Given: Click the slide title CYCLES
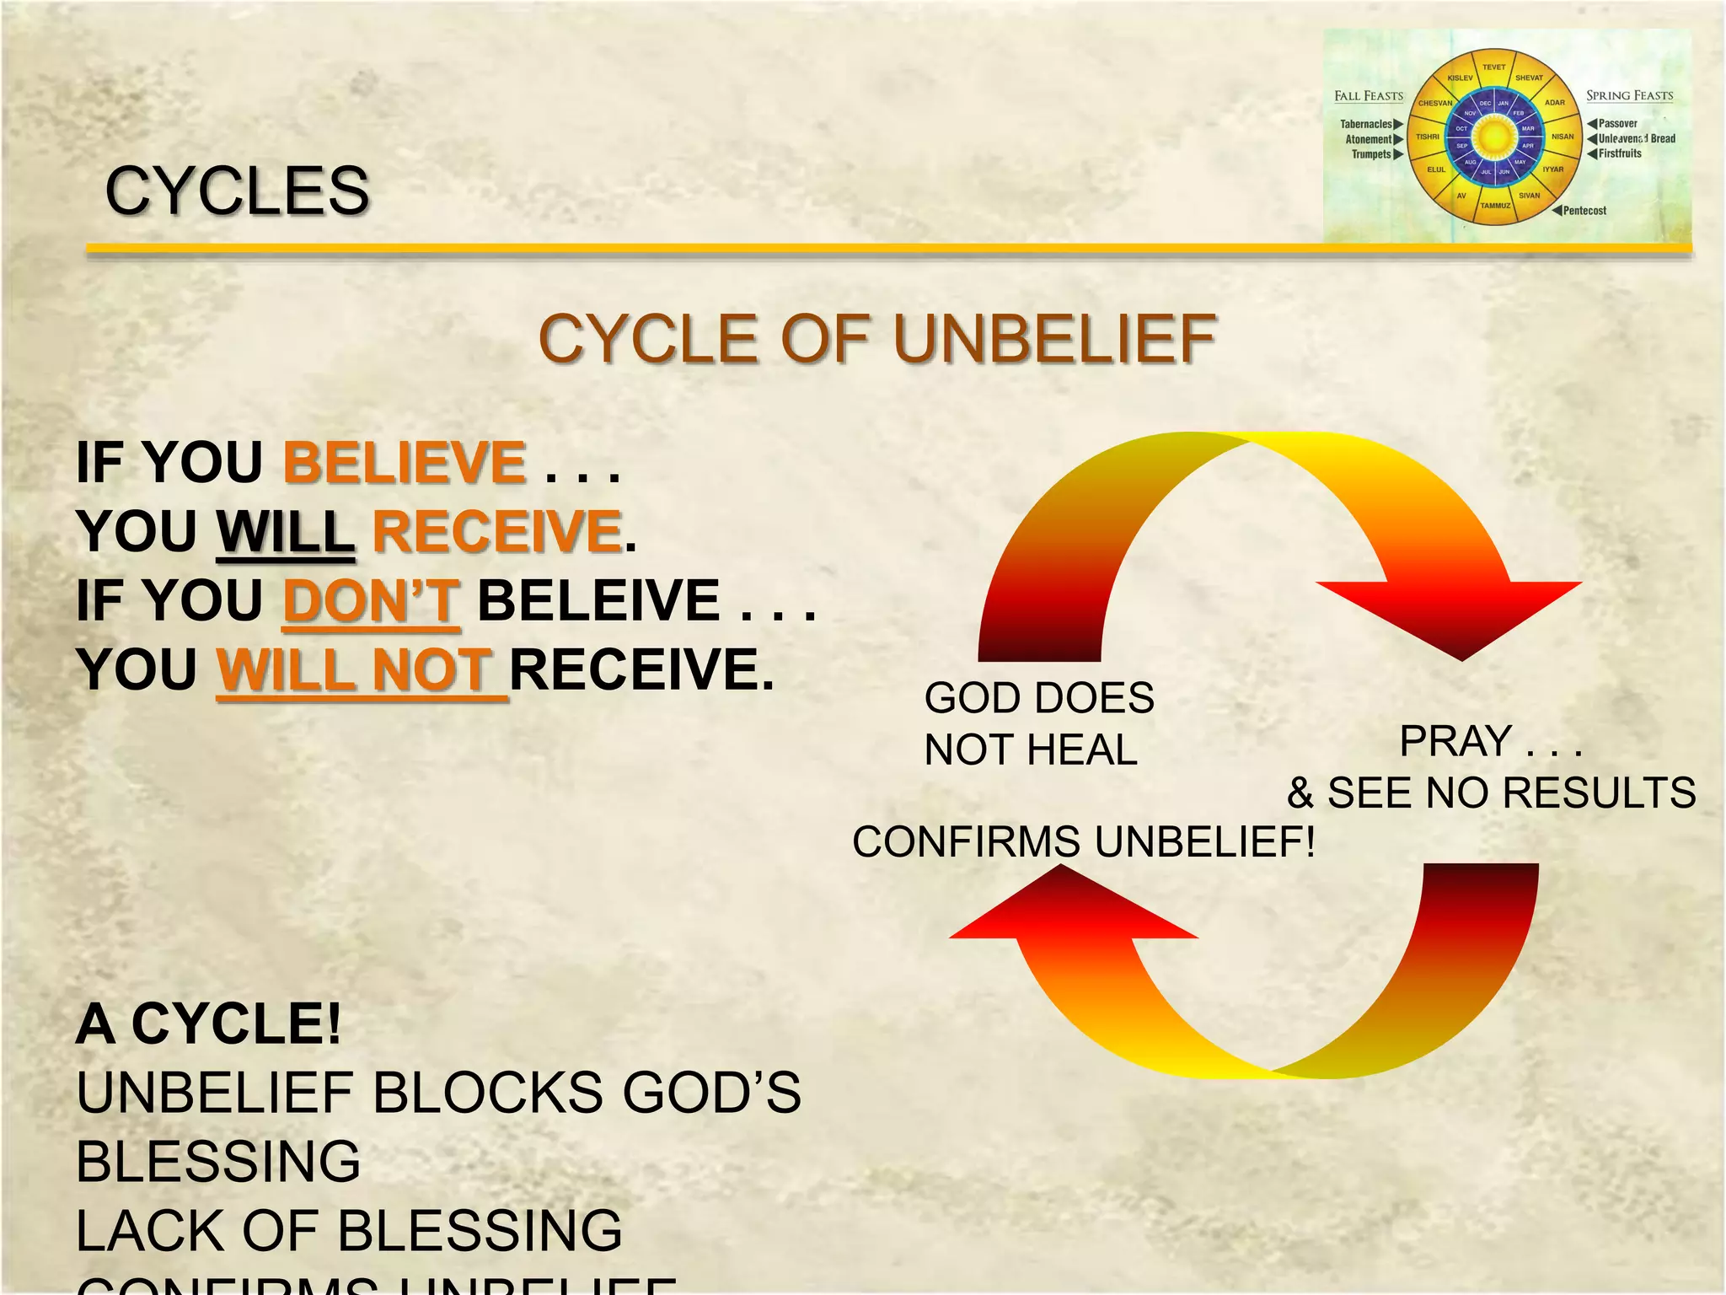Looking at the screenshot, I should click(x=237, y=191).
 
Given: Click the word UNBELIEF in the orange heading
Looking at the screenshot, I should click(x=1054, y=339).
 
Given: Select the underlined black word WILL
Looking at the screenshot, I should click(x=286, y=532).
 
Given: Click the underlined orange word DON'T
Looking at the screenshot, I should click(x=372, y=600).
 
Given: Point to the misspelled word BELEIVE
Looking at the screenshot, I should click(x=598, y=600).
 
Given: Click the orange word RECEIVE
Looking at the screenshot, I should click(x=497, y=532).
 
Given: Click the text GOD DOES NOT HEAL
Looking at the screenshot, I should click(x=1038, y=723).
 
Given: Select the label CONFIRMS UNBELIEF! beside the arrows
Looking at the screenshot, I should click(x=1083, y=841).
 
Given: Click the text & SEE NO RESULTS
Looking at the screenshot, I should click(x=1491, y=793).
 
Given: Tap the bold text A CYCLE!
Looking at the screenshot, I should click(x=208, y=1024).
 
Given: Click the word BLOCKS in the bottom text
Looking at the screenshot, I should click(x=486, y=1093).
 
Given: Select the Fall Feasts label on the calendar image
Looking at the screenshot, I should click(x=1369, y=96).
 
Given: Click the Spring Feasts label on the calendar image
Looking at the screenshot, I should click(x=1629, y=96).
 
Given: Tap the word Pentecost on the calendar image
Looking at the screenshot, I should click(x=1584, y=211).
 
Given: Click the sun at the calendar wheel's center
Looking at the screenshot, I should click(x=1494, y=137).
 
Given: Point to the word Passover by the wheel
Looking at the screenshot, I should click(x=1617, y=124).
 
